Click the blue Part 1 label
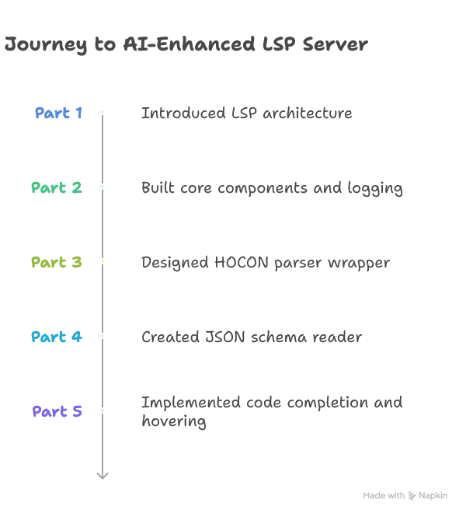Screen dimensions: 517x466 click(58, 114)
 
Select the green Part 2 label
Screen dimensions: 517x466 click(57, 188)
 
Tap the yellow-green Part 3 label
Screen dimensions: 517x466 click(57, 263)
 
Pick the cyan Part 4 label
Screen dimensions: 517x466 click(57, 337)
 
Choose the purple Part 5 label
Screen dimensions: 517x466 click(57, 412)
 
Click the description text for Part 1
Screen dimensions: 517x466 click(245, 115)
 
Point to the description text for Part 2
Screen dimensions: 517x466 click(270, 189)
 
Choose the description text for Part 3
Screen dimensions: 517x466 click(263, 264)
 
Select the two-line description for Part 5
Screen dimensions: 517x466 click(270, 412)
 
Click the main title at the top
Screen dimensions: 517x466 click(183, 45)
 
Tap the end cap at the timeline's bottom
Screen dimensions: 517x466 click(102, 475)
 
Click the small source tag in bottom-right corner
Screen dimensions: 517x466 click(404, 496)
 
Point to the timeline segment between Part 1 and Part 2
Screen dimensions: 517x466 click(102, 150)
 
